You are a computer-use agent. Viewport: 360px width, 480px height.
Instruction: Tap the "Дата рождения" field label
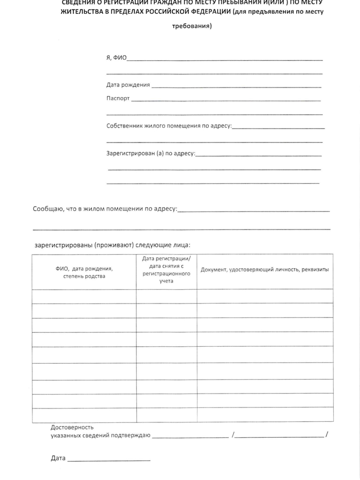[128, 85]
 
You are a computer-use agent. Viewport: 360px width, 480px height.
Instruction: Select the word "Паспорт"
[118, 98]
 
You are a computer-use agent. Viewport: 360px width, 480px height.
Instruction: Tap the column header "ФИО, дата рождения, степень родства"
[84, 272]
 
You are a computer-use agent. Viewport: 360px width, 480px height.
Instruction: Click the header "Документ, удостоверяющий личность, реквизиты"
[264, 269]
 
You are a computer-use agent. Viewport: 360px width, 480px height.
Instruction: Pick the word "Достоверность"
[72, 428]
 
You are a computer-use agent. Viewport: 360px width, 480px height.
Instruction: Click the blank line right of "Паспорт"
[226, 100]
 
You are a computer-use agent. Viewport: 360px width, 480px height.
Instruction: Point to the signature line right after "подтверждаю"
[190, 437]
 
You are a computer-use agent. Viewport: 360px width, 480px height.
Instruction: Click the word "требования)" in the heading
[191, 25]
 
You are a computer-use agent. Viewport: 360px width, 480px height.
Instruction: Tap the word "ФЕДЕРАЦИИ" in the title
[202, 12]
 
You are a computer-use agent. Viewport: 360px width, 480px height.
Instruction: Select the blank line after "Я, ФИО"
[225, 60]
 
